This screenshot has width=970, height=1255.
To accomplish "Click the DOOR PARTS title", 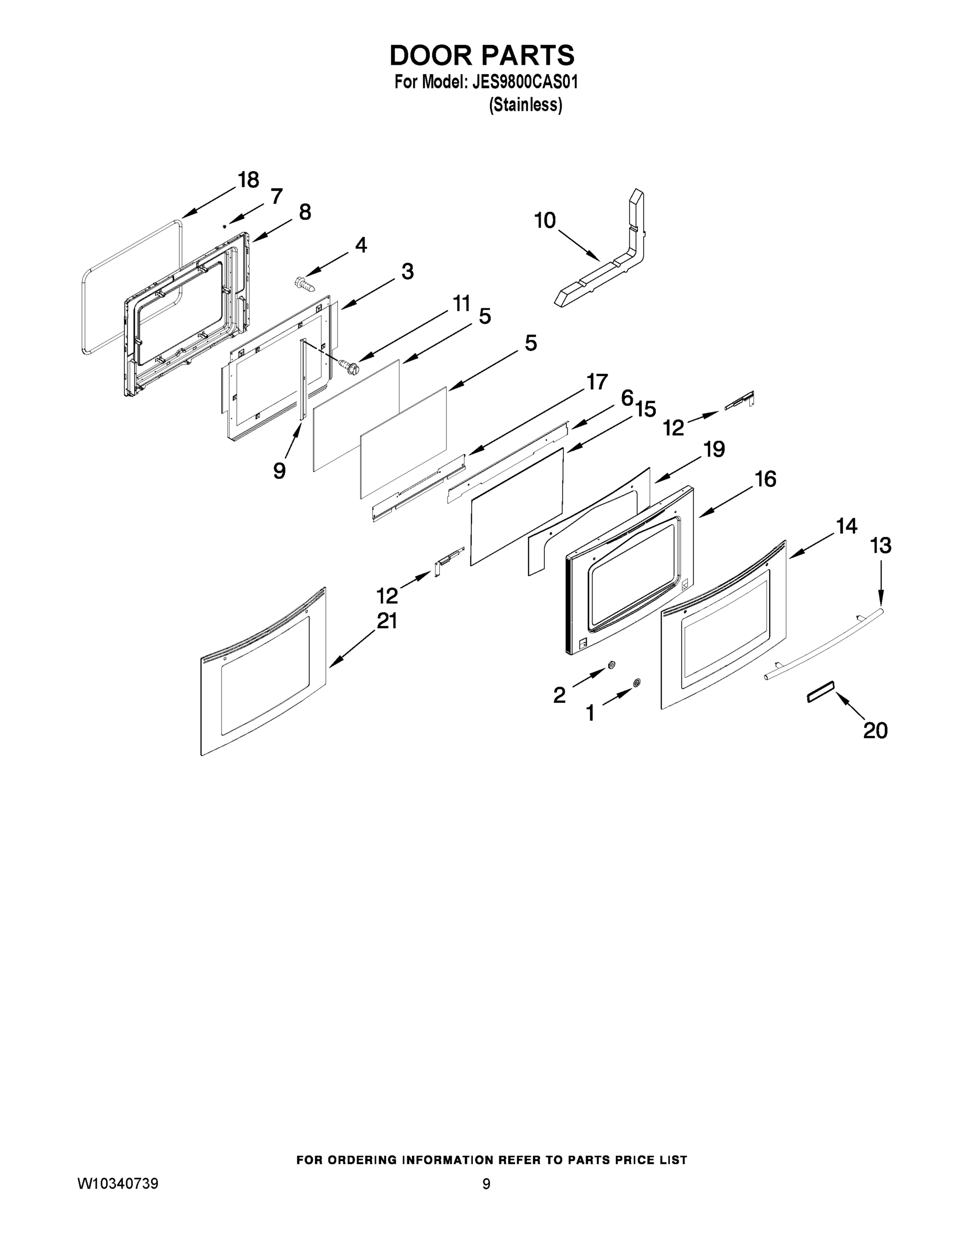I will coord(482,55).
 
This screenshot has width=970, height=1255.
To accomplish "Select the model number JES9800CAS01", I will coord(524,82).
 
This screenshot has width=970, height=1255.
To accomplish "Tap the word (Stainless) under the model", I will coord(524,105).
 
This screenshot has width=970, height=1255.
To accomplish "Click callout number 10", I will coord(545,220).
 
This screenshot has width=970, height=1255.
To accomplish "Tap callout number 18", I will coord(248,180).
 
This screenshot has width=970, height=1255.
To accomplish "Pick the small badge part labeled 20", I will coord(820,691).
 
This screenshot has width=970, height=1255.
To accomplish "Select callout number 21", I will coord(387,621).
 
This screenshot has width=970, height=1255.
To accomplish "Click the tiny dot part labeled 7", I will coord(224,226).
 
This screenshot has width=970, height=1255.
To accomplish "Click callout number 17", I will coord(597,382).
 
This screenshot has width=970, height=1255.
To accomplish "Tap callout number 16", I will coord(765,478).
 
